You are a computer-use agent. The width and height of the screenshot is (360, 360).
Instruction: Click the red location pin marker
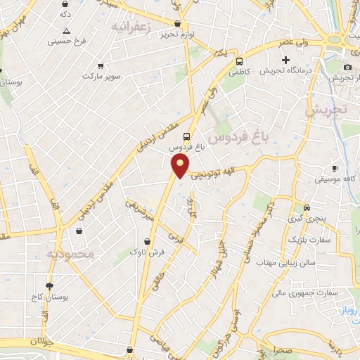(x=181, y=166)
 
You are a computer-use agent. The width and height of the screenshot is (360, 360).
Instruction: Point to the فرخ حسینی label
(x=67, y=41)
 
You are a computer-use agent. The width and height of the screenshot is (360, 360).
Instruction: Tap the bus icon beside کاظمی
(x=240, y=61)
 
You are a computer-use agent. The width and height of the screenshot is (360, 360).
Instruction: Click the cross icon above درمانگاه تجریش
(x=285, y=60)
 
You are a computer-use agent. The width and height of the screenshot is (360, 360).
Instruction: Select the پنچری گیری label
(x=307, y=219)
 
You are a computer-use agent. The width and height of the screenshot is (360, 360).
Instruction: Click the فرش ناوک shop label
(x=148, y=252)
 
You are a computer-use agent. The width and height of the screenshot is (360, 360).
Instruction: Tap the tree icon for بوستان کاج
(x=49, y=286)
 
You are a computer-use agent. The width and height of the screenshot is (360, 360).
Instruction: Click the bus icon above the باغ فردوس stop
(x=186, y=136)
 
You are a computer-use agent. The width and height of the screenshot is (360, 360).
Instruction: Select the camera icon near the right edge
(x=347, y=67)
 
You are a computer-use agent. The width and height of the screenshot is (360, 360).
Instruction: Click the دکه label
(x=65, y=14)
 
